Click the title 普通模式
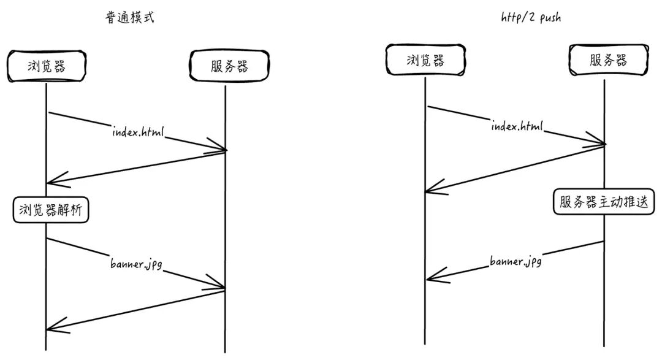pyautogui.click(x=129, y=18)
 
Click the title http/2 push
pyautogui.click(x=530, y=18)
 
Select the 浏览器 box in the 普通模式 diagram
pyautogui.click(x=46, y=67)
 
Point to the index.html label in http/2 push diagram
pyautogui.click(x=517, y=126)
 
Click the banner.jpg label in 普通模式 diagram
pyautogui.click(x=135, y=265)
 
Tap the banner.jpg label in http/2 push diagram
pyautogui.click(x=516, y=262)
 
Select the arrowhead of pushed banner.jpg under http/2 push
pyautogui.click(x=431, y=278)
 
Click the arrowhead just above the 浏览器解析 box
pyautogui.click(x=53, y=182)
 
